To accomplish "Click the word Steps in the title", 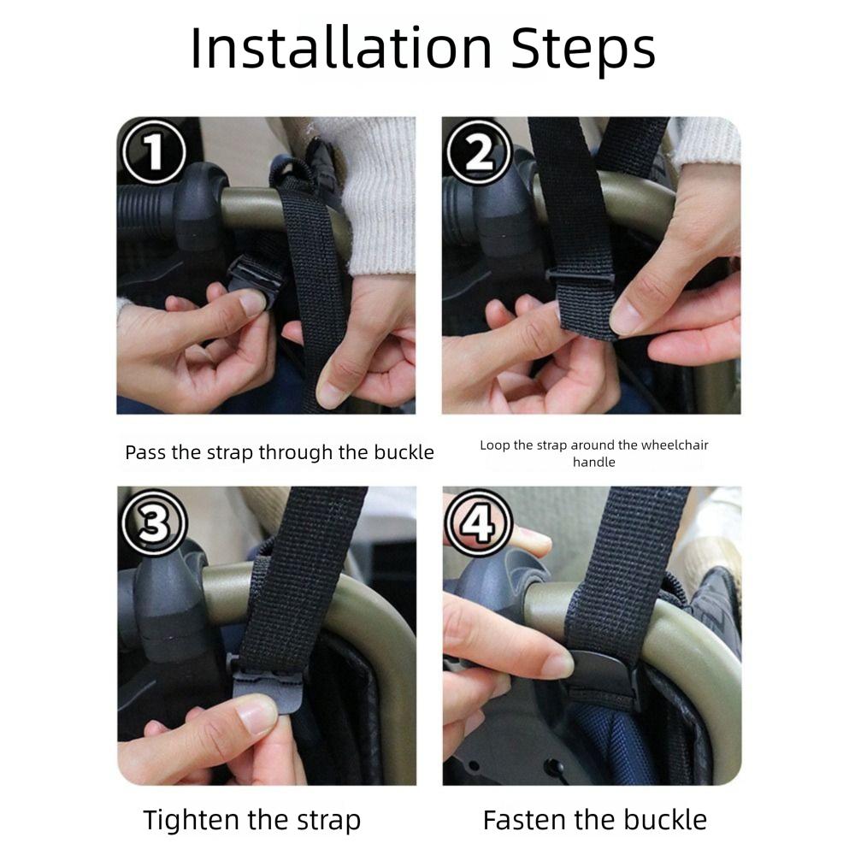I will (583, 49).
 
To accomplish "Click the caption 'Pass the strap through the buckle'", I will (280, 452).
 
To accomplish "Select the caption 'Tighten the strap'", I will (252, 821).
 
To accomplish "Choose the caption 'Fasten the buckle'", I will (595, 821).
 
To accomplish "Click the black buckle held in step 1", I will (256, 276).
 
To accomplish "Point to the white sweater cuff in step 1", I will (376, 205).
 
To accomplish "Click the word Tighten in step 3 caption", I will (192, 821).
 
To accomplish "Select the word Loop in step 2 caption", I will (494, 445).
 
